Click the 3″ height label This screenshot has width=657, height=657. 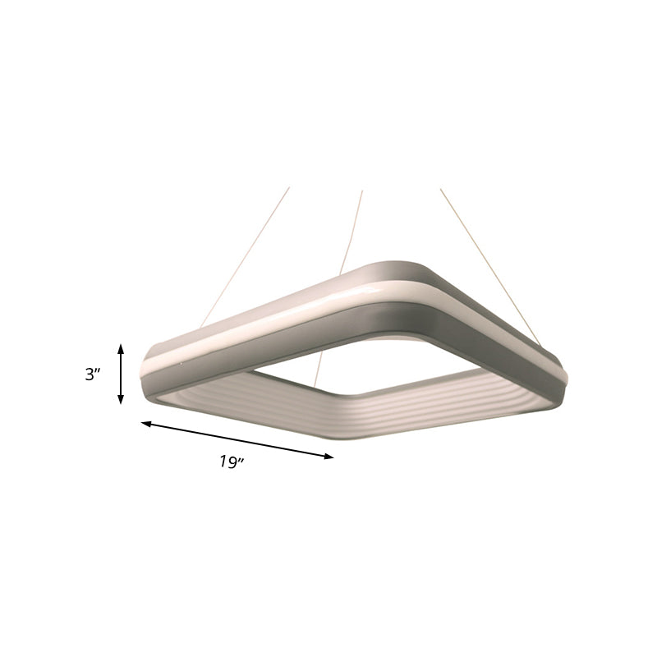pyautogui.click(x=93, y=374)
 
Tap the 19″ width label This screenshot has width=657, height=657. pyautogui.click(x=232, y=462)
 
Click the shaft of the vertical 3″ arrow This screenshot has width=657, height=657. pyautogui.click(x=122, y=374)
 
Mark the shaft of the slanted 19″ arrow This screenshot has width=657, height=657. pyautogui.click(x=238, y=440)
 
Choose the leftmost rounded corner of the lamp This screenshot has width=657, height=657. pyautogui.click(x=152, y=370)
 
